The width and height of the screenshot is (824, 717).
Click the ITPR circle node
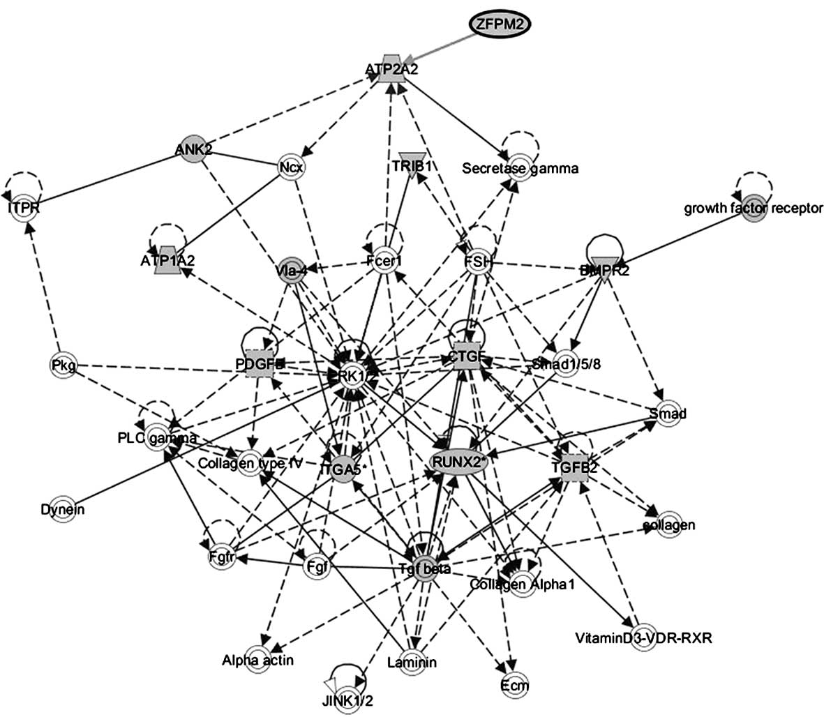(x=24, y=209)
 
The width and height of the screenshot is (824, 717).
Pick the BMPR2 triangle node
(x=604, y=269)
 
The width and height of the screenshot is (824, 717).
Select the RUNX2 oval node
(x=458, y=461)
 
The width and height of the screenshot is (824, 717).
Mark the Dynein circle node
(x=62, y=509)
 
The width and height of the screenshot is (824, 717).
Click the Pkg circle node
(x=63, y=364)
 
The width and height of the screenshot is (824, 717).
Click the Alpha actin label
(x=258, y=660)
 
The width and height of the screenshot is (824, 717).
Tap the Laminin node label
(x=412, y=662)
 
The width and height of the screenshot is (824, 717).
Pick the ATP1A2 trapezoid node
(x=167, y=259)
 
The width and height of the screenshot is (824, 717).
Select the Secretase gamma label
(x=520, y=167)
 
